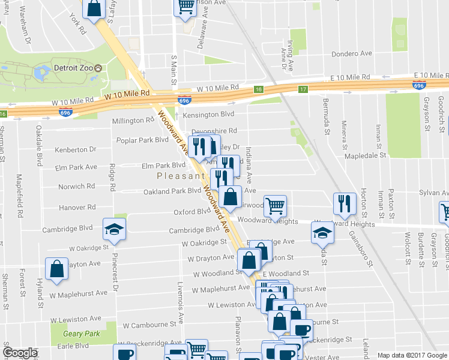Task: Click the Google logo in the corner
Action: coord(20,353)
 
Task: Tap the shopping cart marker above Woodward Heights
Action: coord(275,206)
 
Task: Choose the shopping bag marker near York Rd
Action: coord(94,8)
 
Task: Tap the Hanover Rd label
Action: coord(77,208)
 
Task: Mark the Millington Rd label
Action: coord(133,121)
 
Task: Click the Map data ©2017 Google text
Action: coord(412,355)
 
